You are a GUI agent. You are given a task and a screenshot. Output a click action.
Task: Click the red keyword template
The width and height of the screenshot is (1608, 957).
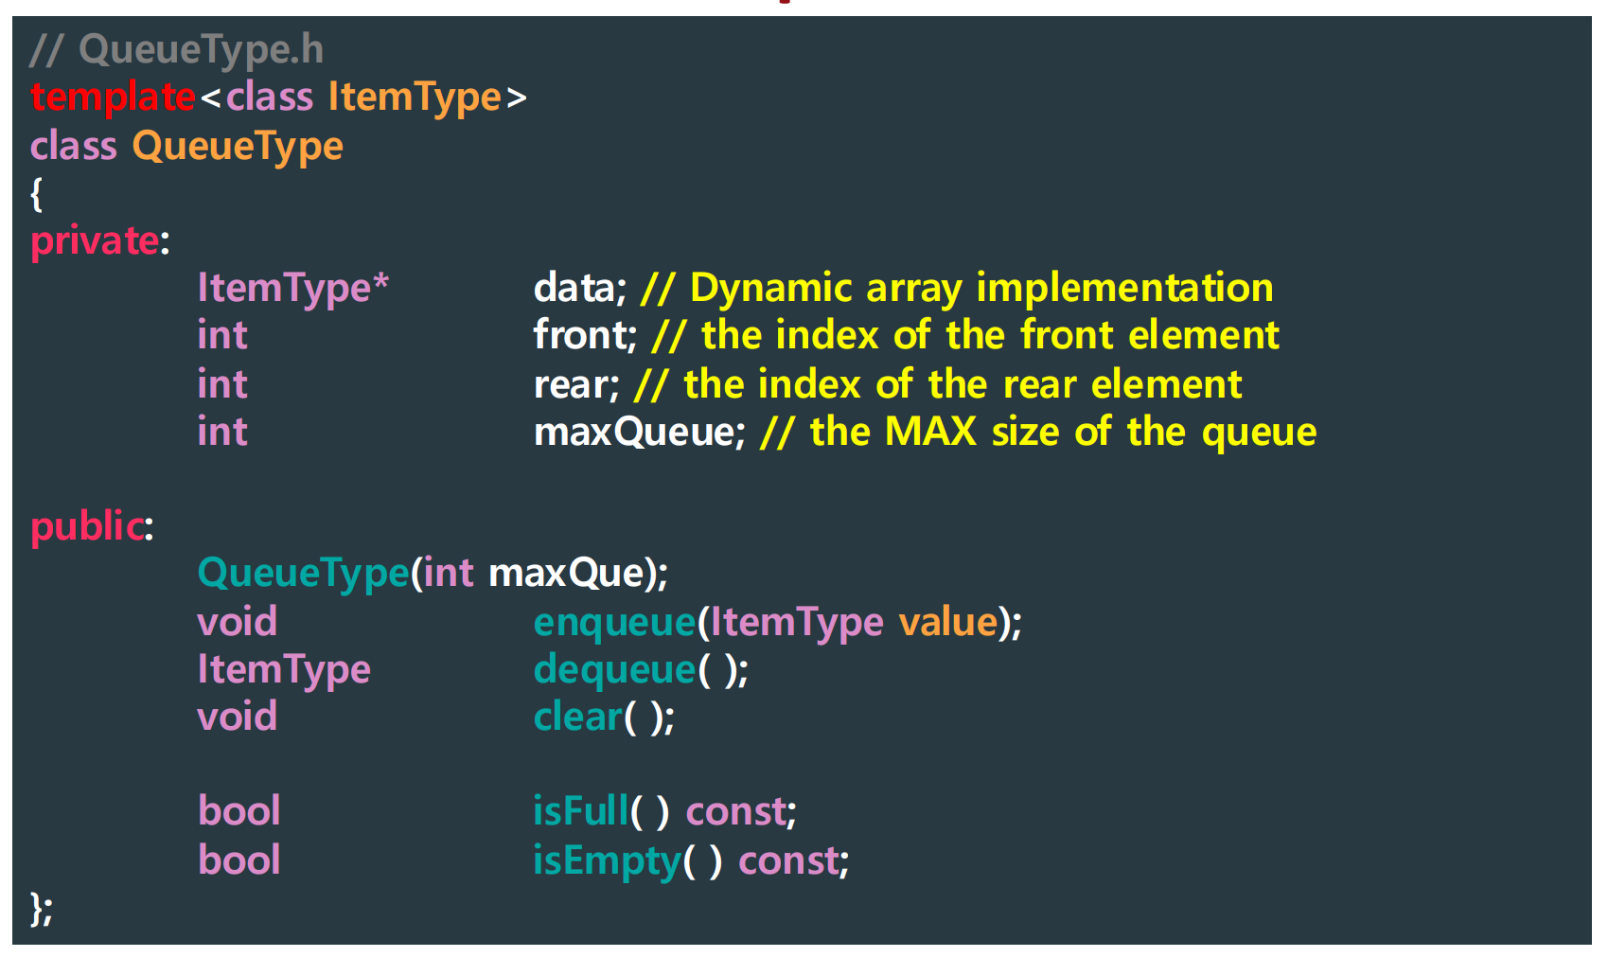tap(112, 97)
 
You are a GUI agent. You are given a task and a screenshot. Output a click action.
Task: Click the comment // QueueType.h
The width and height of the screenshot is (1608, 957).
tap(176, 49)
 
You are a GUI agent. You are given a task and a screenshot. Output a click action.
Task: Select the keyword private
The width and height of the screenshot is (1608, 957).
tap(95, 240)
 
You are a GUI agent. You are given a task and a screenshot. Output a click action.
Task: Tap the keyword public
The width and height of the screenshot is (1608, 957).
tap(87, 526)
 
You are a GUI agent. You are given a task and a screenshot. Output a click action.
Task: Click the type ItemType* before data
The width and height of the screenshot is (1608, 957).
tap(292, 288)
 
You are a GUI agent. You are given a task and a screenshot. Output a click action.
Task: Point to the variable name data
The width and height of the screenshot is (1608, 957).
tap(574, 288)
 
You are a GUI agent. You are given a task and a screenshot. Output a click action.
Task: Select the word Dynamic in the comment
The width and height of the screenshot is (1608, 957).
tap(771, 288)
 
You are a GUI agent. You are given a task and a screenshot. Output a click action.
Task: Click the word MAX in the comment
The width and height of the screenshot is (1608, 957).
tap(929, 433)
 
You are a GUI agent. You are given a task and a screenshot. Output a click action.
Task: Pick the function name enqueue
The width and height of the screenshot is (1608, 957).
tap(614, 623)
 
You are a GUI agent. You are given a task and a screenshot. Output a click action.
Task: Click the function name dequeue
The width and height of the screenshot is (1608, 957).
tap(614, 670)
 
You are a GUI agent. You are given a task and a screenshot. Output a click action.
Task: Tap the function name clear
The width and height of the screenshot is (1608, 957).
tap(577, 718)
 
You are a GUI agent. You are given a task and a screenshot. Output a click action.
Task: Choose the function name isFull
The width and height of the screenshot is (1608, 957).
tap(580, 812)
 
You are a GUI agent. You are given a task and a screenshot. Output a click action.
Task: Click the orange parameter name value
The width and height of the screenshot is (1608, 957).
tap(947, 623)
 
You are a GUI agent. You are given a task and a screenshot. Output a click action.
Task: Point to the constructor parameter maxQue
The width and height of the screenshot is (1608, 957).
tap(566, 574)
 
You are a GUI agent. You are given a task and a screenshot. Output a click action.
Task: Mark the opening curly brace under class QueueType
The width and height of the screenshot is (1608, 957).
tap(37, 194)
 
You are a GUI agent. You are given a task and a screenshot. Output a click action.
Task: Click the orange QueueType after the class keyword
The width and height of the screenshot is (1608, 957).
tap(238, 147)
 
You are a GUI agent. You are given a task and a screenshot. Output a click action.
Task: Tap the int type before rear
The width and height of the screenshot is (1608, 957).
tap(222, 384)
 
